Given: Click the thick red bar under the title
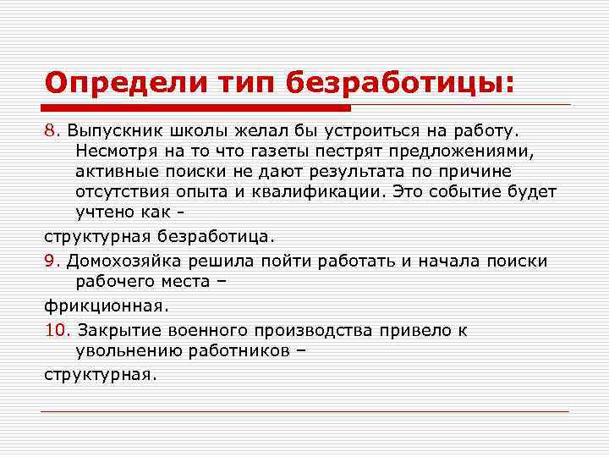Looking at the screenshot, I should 197,108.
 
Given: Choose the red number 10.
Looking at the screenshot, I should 58,330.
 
